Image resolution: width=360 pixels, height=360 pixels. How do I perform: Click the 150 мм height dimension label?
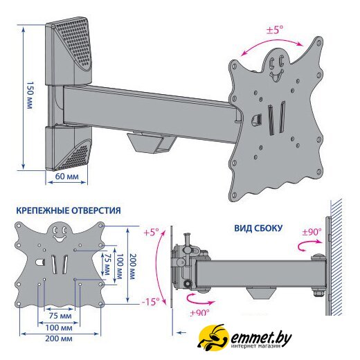pyautogui.click(x=30, y=95)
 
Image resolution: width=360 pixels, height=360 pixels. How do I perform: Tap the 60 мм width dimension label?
pyautogui.click(x=66, y=177)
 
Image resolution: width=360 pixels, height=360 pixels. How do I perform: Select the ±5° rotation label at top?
pyautogui.click(x=275, y=30)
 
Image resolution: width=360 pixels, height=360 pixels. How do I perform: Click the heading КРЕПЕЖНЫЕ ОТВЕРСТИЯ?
pyautogui.click(x=69, y=210)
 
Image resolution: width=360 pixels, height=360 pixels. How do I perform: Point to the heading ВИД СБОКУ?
pyautogui.click(x=258, y=228)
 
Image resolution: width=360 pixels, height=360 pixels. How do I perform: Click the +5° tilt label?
pyautogui.click(x=151, y=232)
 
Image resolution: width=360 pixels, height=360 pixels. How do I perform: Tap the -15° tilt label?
pyautogui.click(x=150, y=302)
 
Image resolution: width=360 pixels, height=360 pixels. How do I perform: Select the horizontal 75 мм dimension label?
pyautogui.click(x=60, y=316)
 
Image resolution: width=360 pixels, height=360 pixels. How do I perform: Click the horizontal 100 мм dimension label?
pyautogui.click(x=59, y=327)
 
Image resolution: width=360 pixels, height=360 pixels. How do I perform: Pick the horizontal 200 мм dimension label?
pyautogui.click(x=59, y=339)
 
